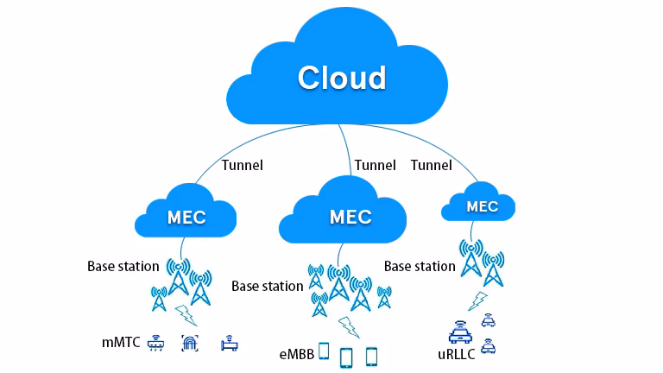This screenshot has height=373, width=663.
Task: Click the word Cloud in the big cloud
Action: tap(342, 78)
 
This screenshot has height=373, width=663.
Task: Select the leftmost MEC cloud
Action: tap(187, 216)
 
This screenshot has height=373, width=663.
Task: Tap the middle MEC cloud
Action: tap(350, 216)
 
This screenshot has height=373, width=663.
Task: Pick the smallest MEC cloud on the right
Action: tap(482, 205)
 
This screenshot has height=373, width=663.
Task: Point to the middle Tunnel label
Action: tap(375, 165)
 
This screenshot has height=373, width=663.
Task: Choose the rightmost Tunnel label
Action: tap(432, 165)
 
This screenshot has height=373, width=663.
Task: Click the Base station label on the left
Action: tap(123, 266)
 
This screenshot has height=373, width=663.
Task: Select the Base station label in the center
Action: tap(267, 285)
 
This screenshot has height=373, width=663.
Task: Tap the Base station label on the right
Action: tap(420, 266)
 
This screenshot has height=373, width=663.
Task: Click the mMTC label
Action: tap(120, 343)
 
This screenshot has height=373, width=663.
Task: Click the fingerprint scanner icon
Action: tap(190, 343)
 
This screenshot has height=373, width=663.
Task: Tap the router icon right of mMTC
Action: tap(156, 343)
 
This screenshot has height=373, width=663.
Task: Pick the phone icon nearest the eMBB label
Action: tap(324, 351)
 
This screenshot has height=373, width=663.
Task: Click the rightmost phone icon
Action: tap(372, 355)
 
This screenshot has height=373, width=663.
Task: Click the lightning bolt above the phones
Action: tap(349, 326)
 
